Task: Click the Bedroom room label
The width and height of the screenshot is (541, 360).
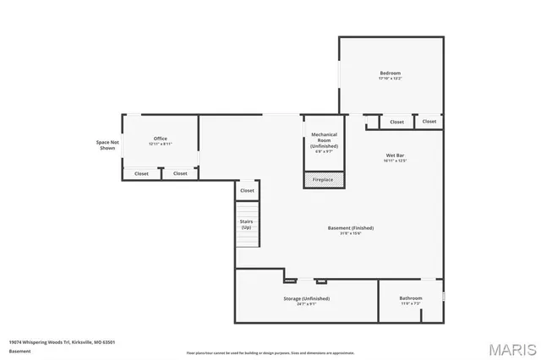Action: [390, 74]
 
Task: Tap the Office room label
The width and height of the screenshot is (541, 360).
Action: [160, 139]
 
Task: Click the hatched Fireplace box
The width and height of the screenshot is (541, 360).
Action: [323, 180]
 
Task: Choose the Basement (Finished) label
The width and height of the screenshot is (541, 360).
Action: [350, 228]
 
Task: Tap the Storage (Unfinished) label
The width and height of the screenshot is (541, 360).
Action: [306, 299]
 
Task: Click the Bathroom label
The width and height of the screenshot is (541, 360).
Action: [410, 297]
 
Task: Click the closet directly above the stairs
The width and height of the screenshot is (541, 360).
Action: [247, 191]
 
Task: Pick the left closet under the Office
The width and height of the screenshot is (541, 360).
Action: [141, 173]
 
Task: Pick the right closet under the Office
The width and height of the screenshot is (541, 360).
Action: [180, 173]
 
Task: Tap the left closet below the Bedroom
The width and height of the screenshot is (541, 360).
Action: [396, 122]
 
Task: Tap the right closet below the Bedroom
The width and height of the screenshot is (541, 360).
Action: [429, 122]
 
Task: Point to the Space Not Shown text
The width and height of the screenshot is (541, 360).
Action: [107, 145]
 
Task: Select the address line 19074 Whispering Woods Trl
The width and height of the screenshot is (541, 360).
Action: [62, 341]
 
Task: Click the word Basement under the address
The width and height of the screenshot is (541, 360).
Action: [19, 350]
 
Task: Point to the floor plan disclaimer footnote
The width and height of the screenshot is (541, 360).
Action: [270, 352]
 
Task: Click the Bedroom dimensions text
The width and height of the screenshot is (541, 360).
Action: [390, 79]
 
